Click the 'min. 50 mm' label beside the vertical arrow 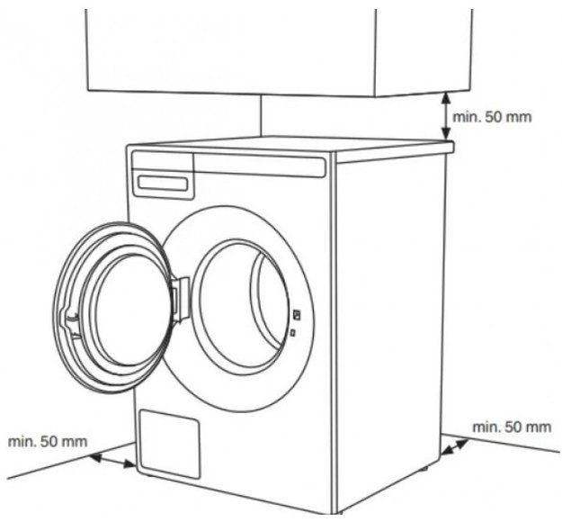tap(492, 117)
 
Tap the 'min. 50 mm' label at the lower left tap(48, 441)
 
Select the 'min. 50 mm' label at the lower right tap(512, 427)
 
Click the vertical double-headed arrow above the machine tap(445, 116)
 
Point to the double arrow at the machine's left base tap(113, 461)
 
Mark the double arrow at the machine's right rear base tap(455, 447)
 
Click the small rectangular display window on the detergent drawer tap(163, 183)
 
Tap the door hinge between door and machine tap(181, 299)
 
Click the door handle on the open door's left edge tap(71, 320)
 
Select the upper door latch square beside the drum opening tap(297, 315)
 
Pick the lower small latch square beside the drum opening tap(292, 333)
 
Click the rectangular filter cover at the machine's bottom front tap(169, 444)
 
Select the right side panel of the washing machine tap(390, 305)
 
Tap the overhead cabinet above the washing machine tap(280, 50)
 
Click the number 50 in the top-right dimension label tap(493, 117)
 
